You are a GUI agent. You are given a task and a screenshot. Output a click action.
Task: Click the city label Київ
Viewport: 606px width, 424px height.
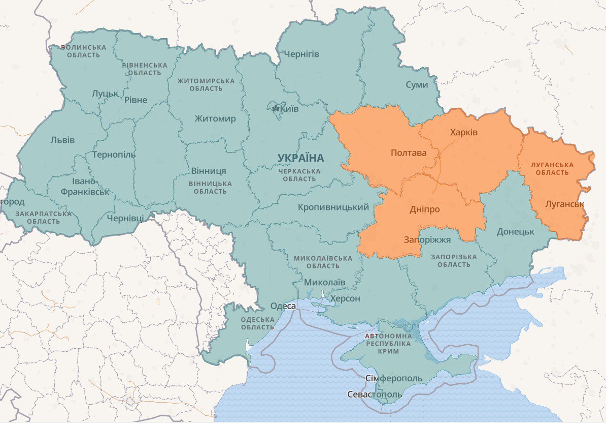290,109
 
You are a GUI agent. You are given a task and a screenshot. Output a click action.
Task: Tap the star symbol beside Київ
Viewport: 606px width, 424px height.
276,109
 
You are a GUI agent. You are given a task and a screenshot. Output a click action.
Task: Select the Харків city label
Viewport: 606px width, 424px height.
464,132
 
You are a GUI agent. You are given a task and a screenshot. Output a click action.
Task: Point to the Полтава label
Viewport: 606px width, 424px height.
409,153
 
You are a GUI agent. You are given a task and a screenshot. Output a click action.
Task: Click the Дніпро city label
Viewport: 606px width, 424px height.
424,209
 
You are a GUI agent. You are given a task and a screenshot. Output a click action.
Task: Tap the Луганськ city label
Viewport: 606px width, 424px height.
565,204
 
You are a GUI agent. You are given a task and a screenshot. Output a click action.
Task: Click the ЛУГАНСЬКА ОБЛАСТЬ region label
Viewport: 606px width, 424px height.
552,169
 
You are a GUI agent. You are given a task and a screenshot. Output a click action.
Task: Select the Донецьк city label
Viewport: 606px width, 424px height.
516,231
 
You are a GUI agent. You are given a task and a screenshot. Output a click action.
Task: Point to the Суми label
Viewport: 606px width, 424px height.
417,85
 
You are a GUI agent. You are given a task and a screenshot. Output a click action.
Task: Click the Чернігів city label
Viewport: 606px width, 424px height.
301,54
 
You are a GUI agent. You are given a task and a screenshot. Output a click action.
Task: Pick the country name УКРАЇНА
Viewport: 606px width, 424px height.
300,158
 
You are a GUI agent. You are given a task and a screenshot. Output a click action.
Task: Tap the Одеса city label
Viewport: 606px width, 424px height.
283,306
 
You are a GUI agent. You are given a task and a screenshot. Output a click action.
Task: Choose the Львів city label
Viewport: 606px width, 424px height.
62,140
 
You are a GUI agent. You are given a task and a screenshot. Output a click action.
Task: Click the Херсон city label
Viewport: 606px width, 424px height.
345,298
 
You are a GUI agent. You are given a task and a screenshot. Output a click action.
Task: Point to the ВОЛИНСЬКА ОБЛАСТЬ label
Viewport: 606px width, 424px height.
84,51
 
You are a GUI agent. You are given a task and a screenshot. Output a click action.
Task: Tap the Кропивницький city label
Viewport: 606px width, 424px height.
333,207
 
